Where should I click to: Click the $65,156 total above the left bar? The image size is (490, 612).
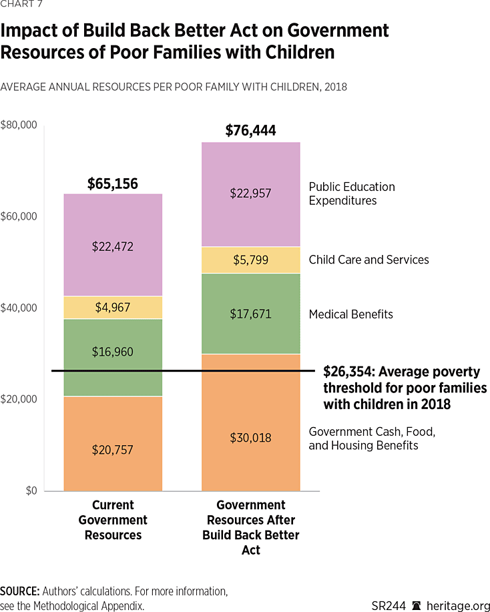point(113,184)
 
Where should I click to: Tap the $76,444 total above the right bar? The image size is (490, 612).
point(250,131)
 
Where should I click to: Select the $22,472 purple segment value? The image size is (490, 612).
point(113,246)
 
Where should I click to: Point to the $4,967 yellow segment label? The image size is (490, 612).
point(113,308)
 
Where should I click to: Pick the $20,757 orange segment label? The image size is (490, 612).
point(113,450)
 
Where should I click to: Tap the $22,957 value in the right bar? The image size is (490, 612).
point(250,194)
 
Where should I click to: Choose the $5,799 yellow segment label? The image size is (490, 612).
point(250,260)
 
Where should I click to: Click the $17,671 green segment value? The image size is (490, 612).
point(250,314)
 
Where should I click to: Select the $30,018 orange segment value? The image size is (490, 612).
point(250,438)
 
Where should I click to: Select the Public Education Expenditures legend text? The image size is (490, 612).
point(352,194)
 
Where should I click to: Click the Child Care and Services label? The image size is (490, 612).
point(369,260)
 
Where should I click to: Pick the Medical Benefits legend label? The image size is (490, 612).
point(350,314)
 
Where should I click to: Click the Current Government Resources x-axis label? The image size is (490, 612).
point(113,520)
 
